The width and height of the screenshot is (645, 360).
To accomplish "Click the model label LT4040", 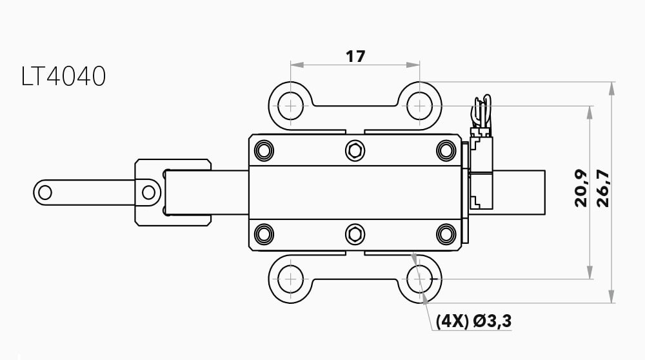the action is point(63,76).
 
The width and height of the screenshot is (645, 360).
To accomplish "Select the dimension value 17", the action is point(355,56).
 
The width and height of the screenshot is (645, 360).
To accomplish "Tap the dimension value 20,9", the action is point(581,188).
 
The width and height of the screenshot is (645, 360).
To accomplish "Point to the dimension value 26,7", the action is point(603,188).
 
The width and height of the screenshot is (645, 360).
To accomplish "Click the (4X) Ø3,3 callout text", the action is point(473,321).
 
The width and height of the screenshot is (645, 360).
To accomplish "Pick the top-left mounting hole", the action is point(290,106).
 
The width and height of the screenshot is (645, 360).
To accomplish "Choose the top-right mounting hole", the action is point(419,106).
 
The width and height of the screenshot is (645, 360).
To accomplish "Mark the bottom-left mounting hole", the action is point(290,279).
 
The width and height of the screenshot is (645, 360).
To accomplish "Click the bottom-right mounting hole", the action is point(419,279).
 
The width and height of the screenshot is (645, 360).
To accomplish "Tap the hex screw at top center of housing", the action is point(355,150).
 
